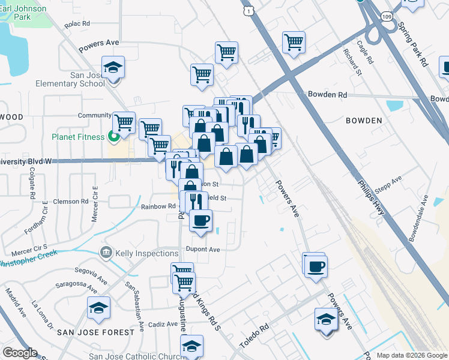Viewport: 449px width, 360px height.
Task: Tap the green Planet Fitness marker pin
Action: tap(111, 137)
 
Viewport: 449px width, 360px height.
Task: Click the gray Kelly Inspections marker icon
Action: tap(106, 253)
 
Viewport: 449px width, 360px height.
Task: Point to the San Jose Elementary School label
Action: tap(71, 79)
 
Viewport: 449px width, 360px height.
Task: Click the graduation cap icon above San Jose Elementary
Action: tap(112, 68)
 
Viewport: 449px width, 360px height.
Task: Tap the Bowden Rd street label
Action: tap(327, 95)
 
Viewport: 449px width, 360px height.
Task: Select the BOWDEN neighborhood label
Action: tap(364, 121)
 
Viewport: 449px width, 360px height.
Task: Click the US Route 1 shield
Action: tap(248, 10)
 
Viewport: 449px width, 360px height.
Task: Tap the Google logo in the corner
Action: tap(19, 353)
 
